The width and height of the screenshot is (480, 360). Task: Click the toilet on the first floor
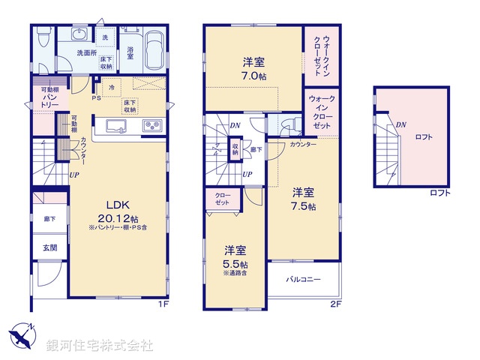pyautogui.click(x=43, y=36)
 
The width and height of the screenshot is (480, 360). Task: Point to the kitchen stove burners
pyautogui.click(x=153, y=124)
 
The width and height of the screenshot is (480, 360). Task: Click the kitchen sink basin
pyautogui.click(x=118, y=125)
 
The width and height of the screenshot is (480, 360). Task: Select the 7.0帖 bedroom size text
pyautogui.click(x=253, y=76)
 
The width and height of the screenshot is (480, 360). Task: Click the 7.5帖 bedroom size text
pyautogui.click(x=304, y=205)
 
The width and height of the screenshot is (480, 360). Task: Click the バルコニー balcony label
pyautogui.click(x=304, y=279)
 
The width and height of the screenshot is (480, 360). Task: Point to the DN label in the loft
pyautogui.click(x=400, y=125)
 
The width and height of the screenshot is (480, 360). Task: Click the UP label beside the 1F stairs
pyautogui.click(x=74, y=175)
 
